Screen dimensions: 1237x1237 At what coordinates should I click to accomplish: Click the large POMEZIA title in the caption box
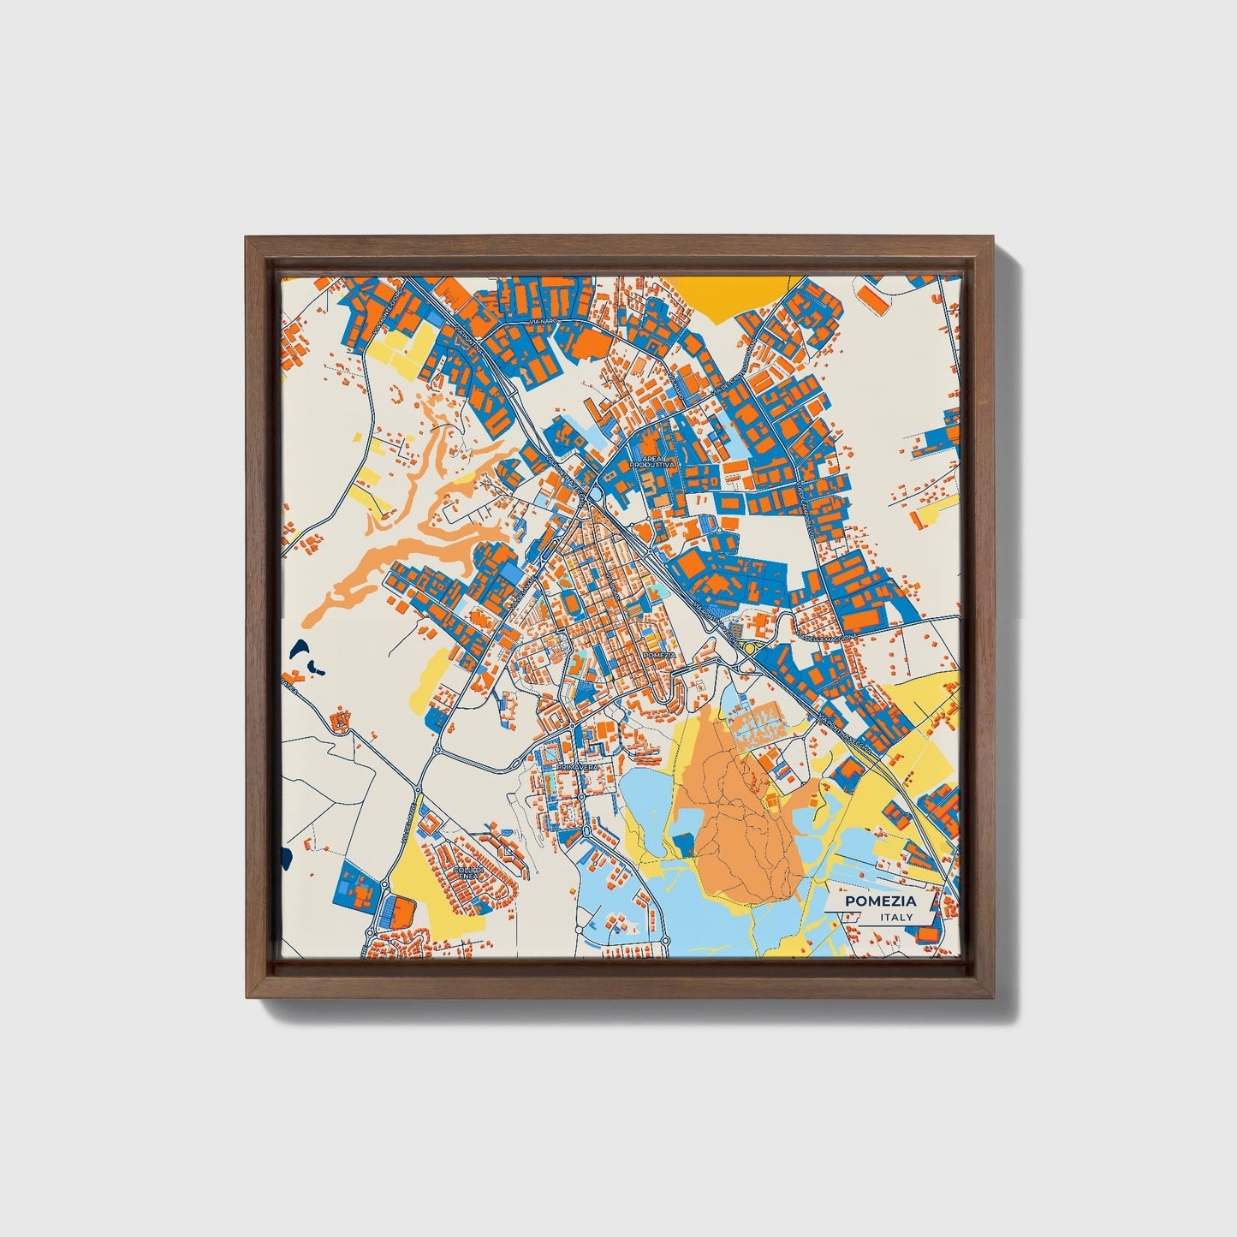pos(880,901)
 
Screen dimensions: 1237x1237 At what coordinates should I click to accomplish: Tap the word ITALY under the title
pos(896,917)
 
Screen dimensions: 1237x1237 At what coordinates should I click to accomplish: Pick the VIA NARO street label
pos(544,320)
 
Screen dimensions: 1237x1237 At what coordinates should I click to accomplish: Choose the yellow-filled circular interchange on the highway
pos(749,648)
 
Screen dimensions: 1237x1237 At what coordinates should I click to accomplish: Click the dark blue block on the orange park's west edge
pos(684,846)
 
